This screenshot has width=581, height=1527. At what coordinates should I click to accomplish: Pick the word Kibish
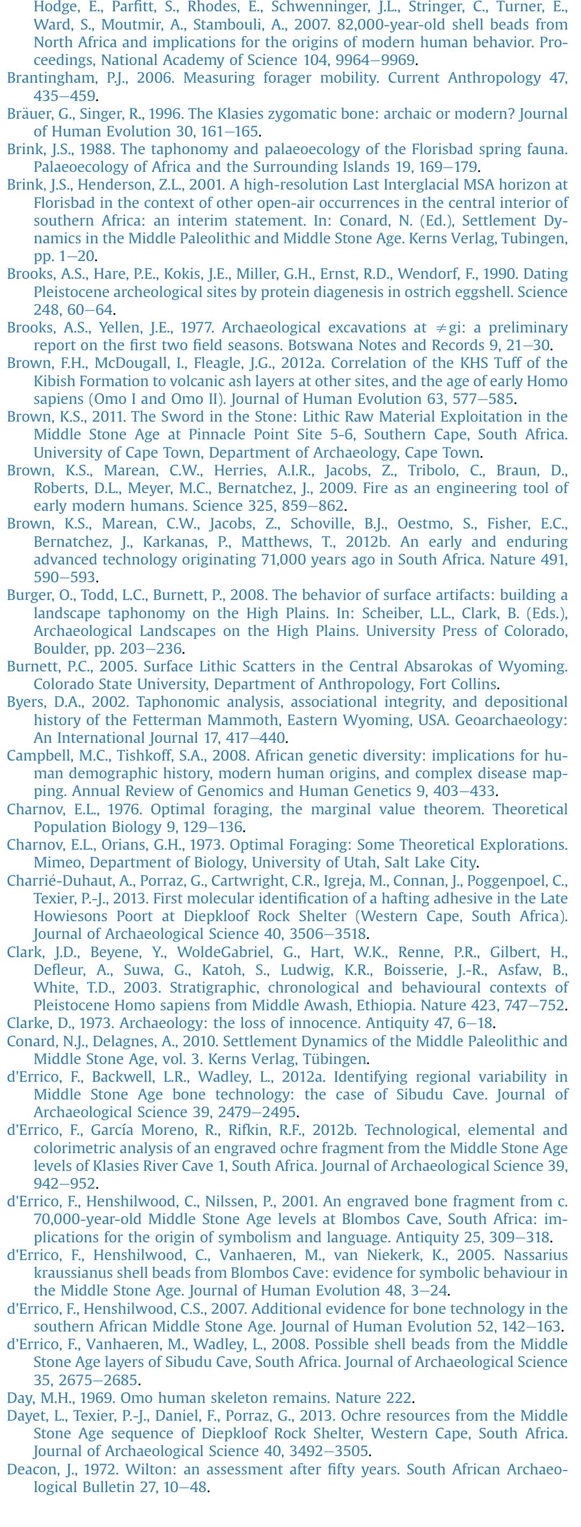pyautogui.click(x=55, y=381)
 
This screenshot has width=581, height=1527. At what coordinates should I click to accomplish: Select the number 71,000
pyautogui.click(x=286, y=560)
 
